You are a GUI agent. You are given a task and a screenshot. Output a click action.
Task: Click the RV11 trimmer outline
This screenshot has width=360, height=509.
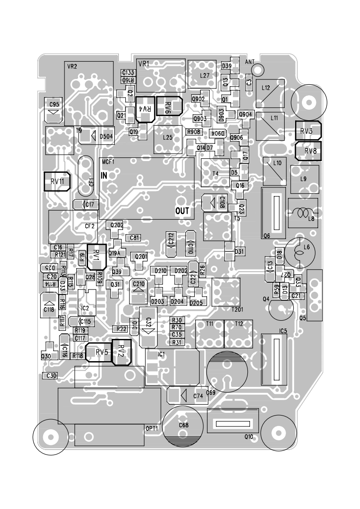click(57, 182)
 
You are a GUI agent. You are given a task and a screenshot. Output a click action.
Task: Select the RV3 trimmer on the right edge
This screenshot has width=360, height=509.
click(308, 131)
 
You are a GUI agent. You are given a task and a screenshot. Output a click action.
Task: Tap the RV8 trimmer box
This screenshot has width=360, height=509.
click(308, 151)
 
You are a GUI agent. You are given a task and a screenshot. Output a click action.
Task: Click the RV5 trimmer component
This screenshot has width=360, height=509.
click(101, 352)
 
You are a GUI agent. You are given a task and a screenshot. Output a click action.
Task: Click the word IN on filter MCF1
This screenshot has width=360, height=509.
click(104, 176)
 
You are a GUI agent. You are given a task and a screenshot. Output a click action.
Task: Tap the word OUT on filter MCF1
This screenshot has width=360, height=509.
click(182, 211)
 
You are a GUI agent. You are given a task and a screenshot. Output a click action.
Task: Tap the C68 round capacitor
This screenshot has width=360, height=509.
click(183, 426)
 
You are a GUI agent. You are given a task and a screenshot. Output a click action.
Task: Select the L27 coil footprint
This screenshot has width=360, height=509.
click(201, 75)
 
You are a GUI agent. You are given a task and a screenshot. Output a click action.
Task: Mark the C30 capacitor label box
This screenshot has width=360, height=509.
click(51, 376)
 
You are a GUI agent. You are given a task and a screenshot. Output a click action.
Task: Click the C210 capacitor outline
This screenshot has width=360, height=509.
click(138, 290)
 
